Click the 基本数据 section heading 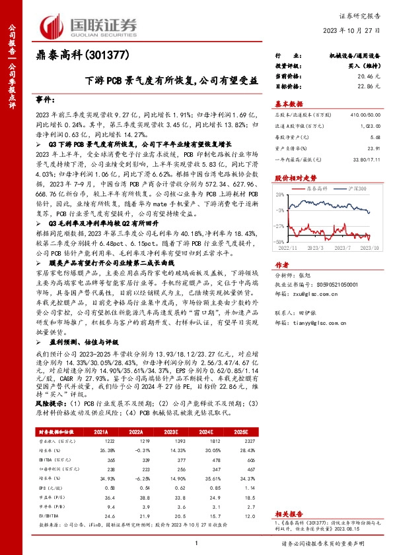[x=288, y=103]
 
